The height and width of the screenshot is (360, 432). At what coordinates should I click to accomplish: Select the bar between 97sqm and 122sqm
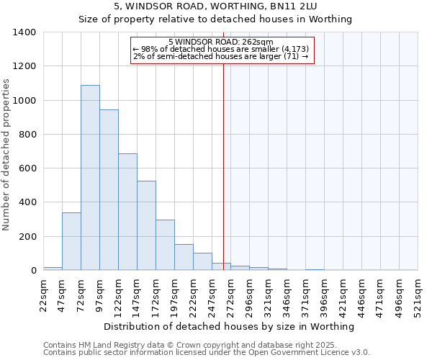[x=109, y=190]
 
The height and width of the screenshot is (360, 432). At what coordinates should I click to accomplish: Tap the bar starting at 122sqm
[x=127, y=212]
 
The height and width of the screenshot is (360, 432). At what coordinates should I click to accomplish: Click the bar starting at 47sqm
[x=71, y=241]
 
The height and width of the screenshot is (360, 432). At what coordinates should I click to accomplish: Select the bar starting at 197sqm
[x=184, y=257]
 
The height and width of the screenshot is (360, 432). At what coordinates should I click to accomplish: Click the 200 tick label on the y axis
[x=27, y=237]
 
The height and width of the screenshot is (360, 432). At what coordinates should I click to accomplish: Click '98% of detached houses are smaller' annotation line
[x=222, y=49]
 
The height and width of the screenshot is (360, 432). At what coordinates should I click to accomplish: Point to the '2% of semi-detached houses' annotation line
[x=222, y=56]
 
